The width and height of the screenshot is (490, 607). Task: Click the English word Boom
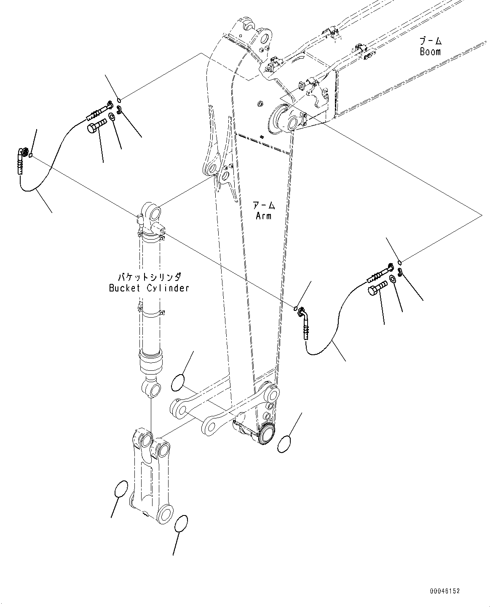(x=430, y=52)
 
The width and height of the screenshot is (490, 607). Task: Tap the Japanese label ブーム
(x=430, y=41)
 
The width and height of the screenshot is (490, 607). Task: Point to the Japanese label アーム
(x=263, y=206)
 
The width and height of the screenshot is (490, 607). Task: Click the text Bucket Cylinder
(x=149, y=288)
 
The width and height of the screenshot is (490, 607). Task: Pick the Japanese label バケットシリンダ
(x=149, y=277)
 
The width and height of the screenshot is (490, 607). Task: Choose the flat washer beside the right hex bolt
(x=392, y=279)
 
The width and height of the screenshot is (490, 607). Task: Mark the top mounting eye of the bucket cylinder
(x=152, y=211)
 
